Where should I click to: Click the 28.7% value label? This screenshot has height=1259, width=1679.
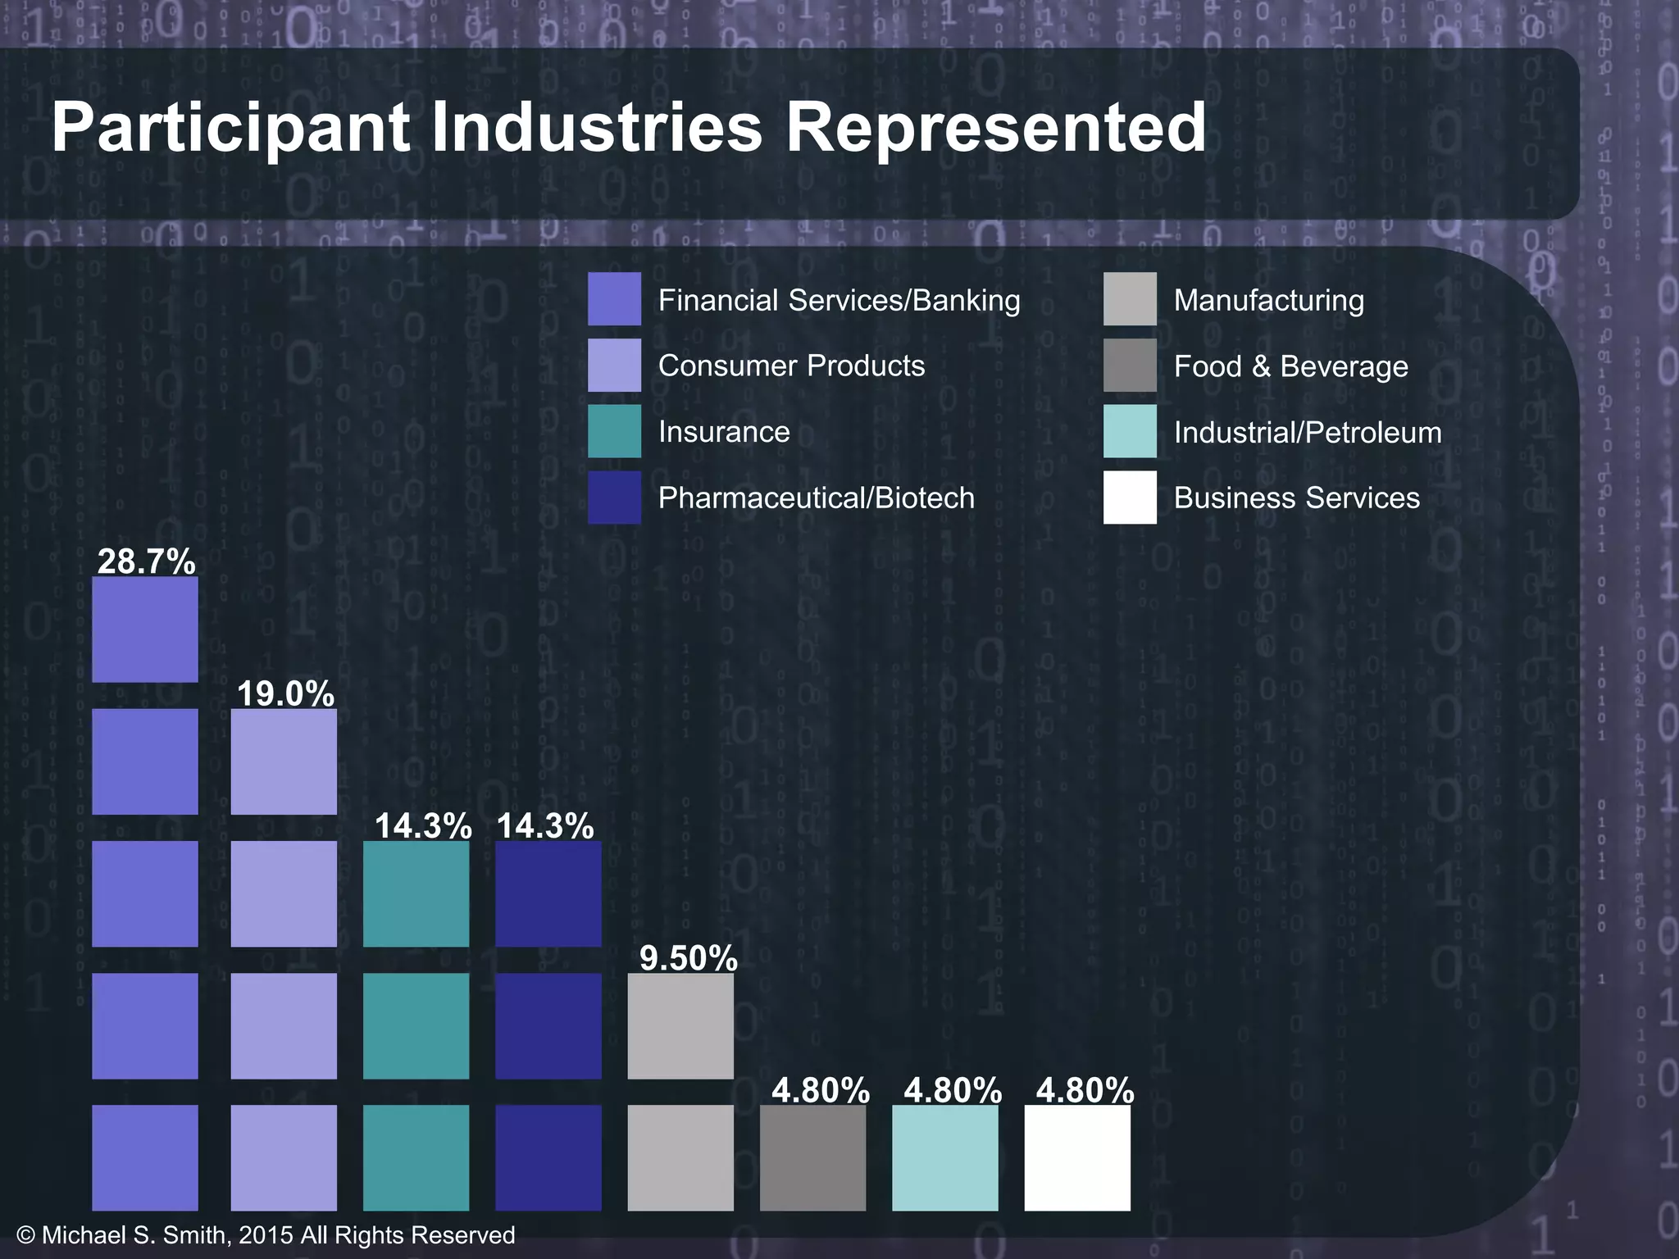tap(146, 561)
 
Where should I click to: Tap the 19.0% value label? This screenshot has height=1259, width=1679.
tap(285, 693)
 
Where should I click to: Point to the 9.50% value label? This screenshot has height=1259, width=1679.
tap(688, 957)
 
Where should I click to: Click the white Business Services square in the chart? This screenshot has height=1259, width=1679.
tap(1077, 1157)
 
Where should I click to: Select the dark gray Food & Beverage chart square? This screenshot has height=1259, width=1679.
tap(812, 1157)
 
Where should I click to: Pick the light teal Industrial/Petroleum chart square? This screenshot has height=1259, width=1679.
tap(944, 1157)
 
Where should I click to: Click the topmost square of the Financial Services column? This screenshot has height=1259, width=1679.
tap(145, 629)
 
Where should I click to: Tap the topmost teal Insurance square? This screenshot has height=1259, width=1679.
tap(416, 893)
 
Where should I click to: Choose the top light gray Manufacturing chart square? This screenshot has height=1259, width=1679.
tap(680, 1025)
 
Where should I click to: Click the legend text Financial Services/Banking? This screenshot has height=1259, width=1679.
tap(839, 300)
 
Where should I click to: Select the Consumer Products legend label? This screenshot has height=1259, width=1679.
tap(791, 366)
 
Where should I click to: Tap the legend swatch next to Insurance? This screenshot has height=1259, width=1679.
tap(614, 431)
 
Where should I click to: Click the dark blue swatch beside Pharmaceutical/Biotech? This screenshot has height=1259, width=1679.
tap(614, 497)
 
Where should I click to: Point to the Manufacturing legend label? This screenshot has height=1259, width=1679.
tap(1268, 300)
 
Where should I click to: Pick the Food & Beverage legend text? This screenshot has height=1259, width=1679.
tap(1290, 366)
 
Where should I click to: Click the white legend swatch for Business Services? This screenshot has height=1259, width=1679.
tap(1130, 497)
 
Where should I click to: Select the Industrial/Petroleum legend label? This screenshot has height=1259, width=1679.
tap(1307, 432)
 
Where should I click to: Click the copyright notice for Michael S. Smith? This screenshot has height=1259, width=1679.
tap(266, 1235)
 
